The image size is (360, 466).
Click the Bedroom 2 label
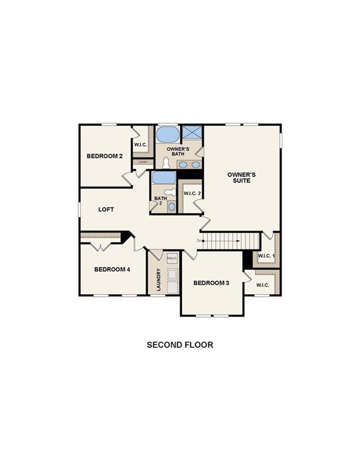(x=104, y=156)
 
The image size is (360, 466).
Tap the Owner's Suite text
(x=242, y=178)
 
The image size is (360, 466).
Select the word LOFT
(x=106, y=209)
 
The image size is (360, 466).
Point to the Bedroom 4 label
(x=112, y=269)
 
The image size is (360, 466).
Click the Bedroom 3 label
(x=211, y=283)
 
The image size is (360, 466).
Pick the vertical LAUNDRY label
(x=158, y=280)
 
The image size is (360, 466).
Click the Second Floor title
(x=180, y=345)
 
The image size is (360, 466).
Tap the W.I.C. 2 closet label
(x=192, y=194)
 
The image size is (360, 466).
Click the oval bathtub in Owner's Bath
(x=168, y=134)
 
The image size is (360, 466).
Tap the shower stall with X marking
(x=192, y=133)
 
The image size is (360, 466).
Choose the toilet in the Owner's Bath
(x=166, y=163)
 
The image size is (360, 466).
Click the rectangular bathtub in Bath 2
(x=163, y=178)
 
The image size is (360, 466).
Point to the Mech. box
(x=172, y=257)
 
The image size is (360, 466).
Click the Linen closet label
(x=143, y=162)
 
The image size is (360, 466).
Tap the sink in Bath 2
(x=171, y=207)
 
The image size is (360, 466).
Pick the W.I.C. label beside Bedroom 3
(x=262, y=285)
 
